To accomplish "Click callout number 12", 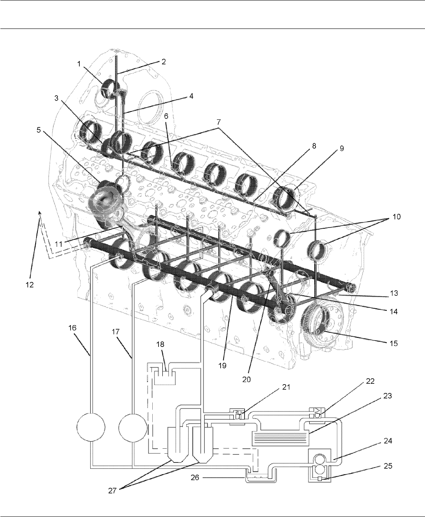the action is [x=29, y=285].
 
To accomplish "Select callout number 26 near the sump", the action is [x=195, y=477].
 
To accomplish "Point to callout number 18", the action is [x=160, y=344].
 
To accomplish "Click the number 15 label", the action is [x=394, y=343].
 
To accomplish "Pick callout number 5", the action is [x=39, y=130].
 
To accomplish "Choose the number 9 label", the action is [x=342, y=148].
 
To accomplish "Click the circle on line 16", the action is [x=91, y=427].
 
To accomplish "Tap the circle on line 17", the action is [x=133, y=427].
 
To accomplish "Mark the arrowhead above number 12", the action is [x=39, y=213].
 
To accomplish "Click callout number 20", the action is [x=247, y=379].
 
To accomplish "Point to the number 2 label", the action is [x=164, y=61].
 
